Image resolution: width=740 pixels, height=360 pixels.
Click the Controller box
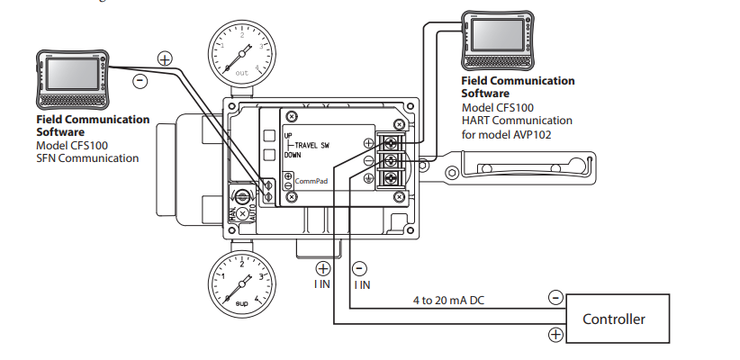[613, 319]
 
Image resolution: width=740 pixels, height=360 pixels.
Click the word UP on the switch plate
[288, 136]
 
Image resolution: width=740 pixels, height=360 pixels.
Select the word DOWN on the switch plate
[293, 155]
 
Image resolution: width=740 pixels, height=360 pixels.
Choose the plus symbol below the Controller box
[555, 336]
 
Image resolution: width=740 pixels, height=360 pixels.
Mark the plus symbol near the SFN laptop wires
[165, 58]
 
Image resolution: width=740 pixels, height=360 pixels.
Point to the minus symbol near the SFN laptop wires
[140, 80]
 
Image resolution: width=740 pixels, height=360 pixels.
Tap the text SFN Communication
[87, 158]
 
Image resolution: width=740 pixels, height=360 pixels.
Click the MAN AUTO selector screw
[241, 196]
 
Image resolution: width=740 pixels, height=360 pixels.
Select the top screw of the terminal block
[394, 141]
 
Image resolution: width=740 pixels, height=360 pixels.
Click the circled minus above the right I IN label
[360, 267]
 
